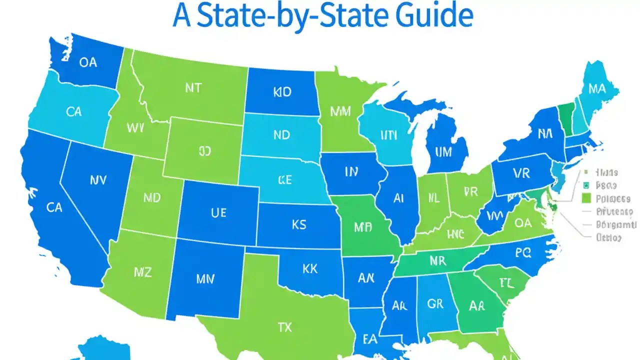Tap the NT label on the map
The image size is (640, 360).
click(x=193, y=88)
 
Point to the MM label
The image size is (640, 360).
click(x=340, y=111)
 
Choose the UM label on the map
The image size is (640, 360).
click(x=443, y=151)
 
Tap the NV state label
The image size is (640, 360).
click(x=97, y=180)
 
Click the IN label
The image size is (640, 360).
click(x=351, y=172)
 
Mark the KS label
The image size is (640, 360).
click(x=298, y=225)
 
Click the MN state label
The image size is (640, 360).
click(x=205, y=279)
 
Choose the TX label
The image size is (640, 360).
click(x=284, y=327)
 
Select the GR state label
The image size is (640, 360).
click(x=435, y=303)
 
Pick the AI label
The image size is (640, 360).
click(x=398, y=198)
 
